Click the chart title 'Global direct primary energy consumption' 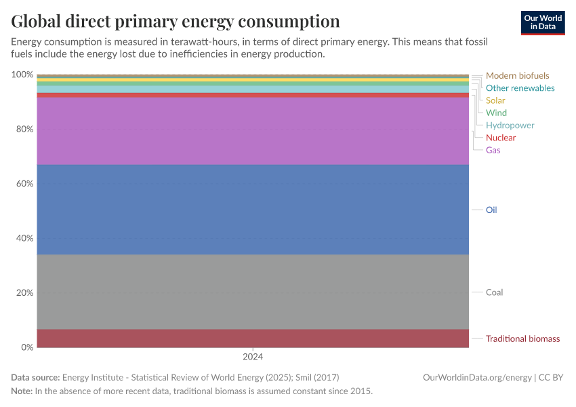click(x=176, y=21)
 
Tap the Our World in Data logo click(x=542, y=22)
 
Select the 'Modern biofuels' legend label click(x=517, y=76)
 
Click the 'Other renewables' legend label click(x=520, y=88)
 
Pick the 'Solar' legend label click(x=495, y=100)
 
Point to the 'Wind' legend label click(x=496, y=113)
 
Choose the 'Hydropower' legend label click(x=510, y=125)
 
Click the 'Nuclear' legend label click(x=500, y=138)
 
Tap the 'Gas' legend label click(x=493, y=150)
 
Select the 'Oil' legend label click(x=491, y=210)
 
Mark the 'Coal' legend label click(x=494, y=292)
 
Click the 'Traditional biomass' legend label click(x=522, y=338)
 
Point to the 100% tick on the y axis click(x=22, y=75)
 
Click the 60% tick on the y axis click(x=24, y=184)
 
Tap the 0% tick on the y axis click(x=27, y=347)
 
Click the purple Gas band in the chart click(x=253, y=131)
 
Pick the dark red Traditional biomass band click(x=253, y=338)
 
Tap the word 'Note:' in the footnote click(x=22, y=391)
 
